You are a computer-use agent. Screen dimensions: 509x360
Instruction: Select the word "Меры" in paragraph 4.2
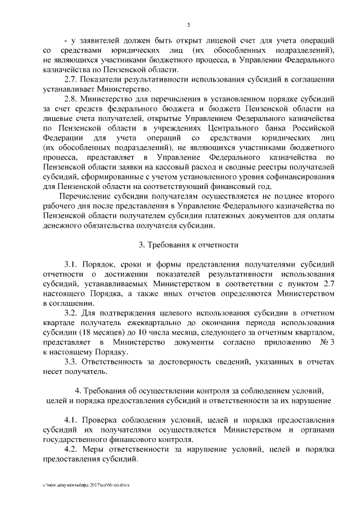93,449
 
